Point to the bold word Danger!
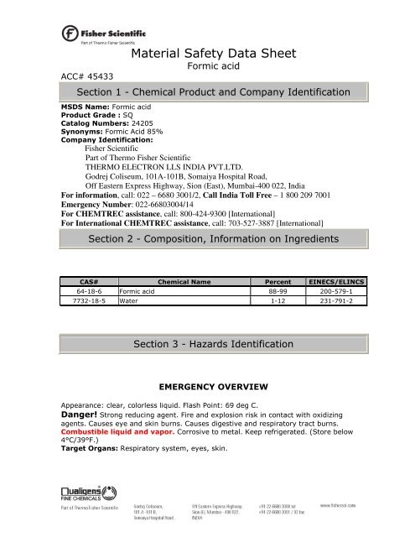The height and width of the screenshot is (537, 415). click(x=87, y=414)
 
